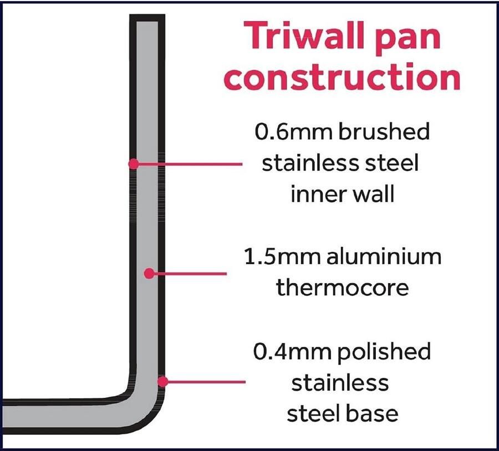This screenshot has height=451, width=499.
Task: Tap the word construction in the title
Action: pyautogui.click(x=344, y=76)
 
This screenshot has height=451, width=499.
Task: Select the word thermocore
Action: pyautogui.click(x=342, y=287)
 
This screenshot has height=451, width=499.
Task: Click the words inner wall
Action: pyautogui.click(x=343, y=193)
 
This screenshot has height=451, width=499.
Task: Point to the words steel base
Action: pyautogui.click(x=343, y=413)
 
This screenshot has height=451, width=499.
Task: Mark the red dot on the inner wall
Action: pyautogui.click(x=134, y=164)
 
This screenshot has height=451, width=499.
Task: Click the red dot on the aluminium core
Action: pyautogui.click(x=149, y=273)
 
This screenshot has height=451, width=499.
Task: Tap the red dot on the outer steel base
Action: pyautogui.click(x=162, y=382)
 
